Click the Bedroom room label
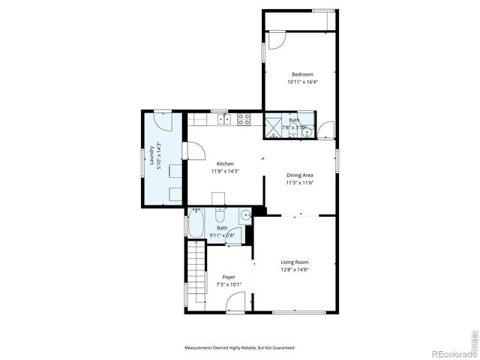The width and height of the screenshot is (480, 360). [x=302, y=74]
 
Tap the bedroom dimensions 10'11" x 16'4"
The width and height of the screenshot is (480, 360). [x=302, y=82]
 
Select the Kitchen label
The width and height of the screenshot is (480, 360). [x=225, y=163]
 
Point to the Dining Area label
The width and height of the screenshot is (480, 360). [x=299, y=175]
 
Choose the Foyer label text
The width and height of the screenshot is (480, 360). [x=229, y=277]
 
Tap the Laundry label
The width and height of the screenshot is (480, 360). [x=152, y=155]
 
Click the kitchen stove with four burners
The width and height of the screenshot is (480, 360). [x=244, y=118]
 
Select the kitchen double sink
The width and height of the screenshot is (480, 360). [x=222, y=118]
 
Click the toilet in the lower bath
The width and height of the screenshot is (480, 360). [x=244, y=216]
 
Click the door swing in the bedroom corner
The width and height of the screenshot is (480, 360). [x=274, y=41]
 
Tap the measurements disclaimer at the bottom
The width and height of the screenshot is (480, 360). [x=240, y=348]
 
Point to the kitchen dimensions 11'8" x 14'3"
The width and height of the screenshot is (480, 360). [x=225, y=171]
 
